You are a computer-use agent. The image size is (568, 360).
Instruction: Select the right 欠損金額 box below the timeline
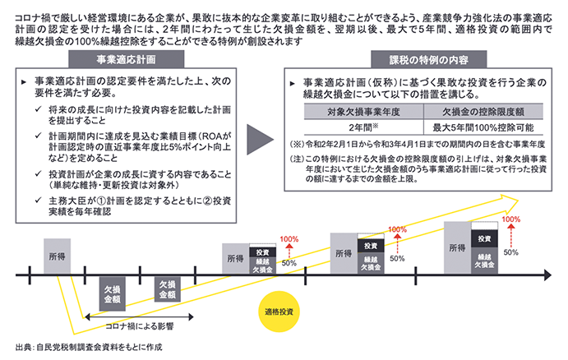(167, 290)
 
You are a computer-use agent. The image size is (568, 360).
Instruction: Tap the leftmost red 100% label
(289, 239)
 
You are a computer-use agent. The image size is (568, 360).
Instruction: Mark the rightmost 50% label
(510, 252)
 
